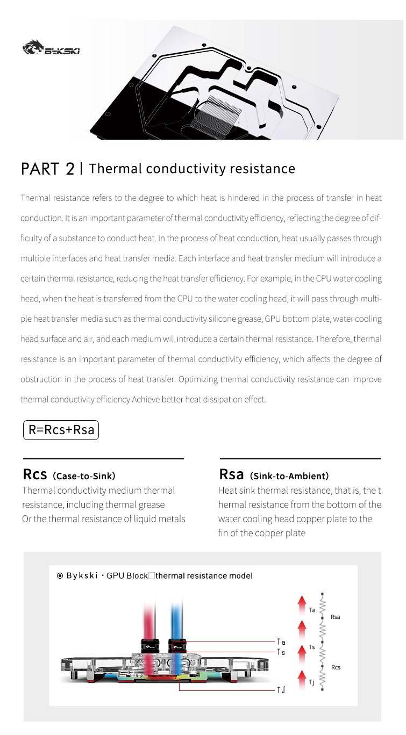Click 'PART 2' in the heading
[x=47, y=169]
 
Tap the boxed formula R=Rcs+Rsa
[x=61, y=430]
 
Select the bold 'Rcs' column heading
[x=35, y=475]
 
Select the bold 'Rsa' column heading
[x=232, y=475]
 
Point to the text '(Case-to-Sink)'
[x=84, y=476]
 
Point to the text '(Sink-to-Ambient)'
[x=289, y=476]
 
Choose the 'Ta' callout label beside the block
[x=281, y=642]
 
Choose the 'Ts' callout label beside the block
[x=281, y=652]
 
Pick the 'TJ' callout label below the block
[x=281, y=690]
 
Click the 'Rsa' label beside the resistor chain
[x=336, y=617]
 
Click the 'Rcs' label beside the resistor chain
[x=336, y=667]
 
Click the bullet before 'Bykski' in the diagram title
[x=60, y=576]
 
